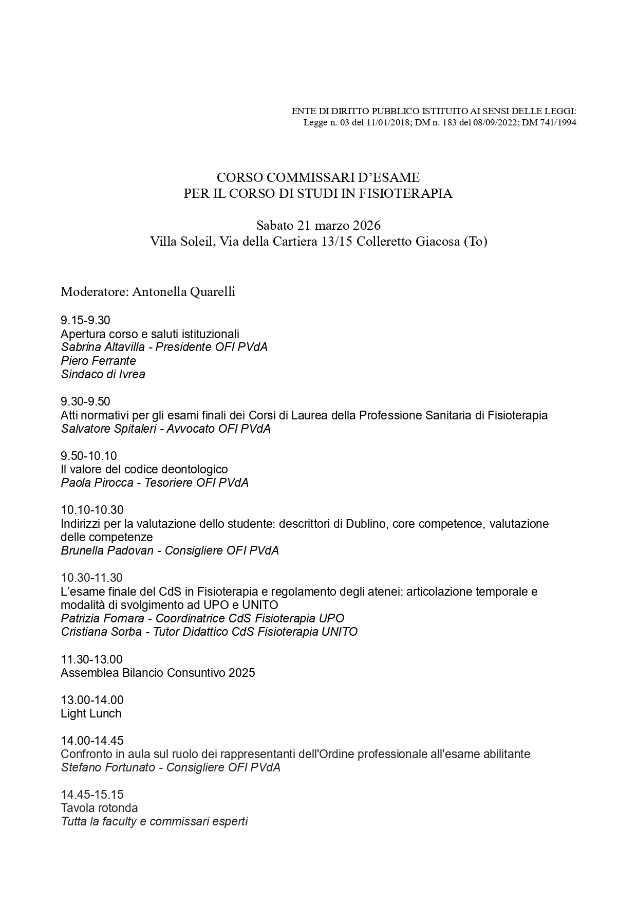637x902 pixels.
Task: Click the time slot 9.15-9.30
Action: pyautogui.click(x=85, y=320)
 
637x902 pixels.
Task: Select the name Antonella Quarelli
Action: pyautogui.click(x=183, y=292)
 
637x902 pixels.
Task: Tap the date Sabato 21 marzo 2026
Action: pyautogui.click(x=318, y=225)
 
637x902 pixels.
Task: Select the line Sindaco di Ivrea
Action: pyautogui.click(x=103, y=374)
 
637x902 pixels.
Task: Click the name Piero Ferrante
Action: pyautogui.click(x=98, y=361)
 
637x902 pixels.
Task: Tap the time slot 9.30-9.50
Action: pyautogui.click(x=85, y=401)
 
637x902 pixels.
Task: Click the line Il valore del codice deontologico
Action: pyautogui.click(x=144, y=469)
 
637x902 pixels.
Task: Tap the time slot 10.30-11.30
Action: pyautogui.click(x=91, y=578)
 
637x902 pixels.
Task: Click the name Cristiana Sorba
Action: pyautogui.click(x=101, y=632)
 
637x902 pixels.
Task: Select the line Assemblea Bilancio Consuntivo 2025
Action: pyautogui.click(x=158, y=673)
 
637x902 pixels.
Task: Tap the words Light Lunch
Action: pyautogui.click(x=91, y=713)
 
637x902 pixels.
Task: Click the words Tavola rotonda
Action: pyautogui.click(x=99, y=808)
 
